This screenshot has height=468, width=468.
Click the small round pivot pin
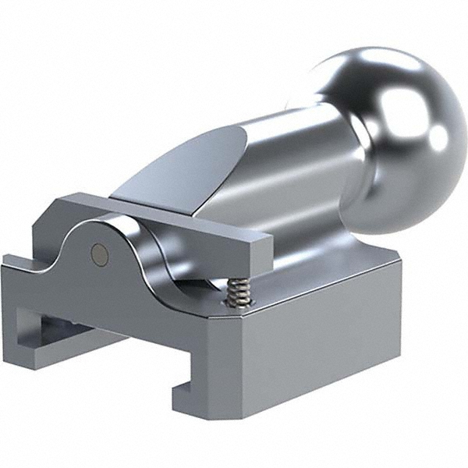pyautogui.click(x=98, y=251)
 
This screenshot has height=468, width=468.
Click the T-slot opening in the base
pyautogui.click(x=70, y=328)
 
